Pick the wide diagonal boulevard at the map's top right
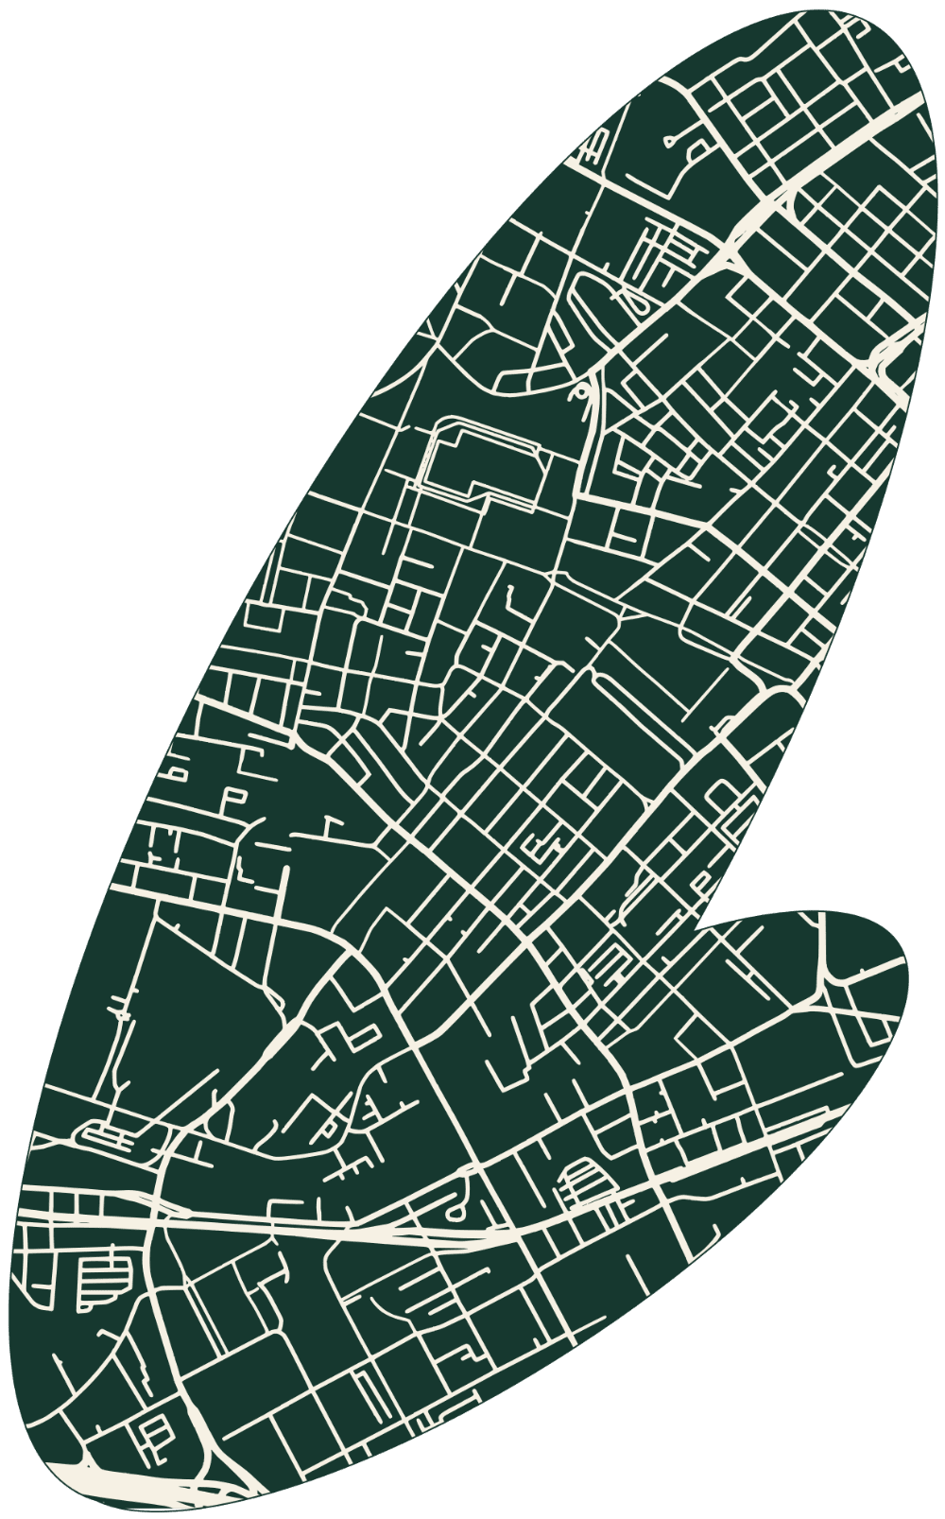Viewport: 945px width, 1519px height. click(832, 151)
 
